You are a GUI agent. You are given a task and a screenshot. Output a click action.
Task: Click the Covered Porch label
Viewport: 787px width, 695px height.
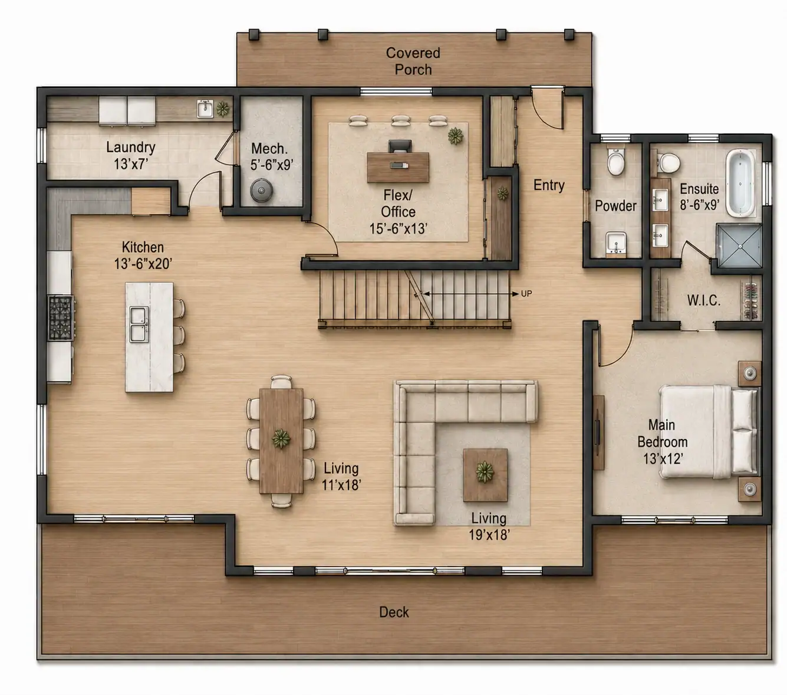pyautogui.click(x=413, y=61)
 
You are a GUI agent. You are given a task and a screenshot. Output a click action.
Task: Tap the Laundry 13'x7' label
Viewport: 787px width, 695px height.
pyautogui.click(x=131, y=156)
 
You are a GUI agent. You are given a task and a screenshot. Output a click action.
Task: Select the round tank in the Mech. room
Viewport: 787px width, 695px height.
pyautogui.click(x=261, y=191)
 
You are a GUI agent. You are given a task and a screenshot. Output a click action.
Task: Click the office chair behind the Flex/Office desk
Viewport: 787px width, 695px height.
pyautogui.click(x=400, y=146)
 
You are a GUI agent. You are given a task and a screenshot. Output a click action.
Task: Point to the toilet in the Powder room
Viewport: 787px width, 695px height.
pyautogui.click(x=615, y=161)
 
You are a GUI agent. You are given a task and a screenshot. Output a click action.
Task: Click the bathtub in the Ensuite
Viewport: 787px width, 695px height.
pyautogui.click(x=741, y=182)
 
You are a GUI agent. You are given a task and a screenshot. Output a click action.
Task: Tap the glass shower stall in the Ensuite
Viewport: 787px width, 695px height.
pyautogui.click(x=739, y=245)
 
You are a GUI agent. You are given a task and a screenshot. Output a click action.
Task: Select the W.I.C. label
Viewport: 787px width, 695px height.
pyautogui.click(x=703, y=300)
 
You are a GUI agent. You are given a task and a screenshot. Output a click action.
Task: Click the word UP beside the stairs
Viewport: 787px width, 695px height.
pyautogui.click(x=526, y=293)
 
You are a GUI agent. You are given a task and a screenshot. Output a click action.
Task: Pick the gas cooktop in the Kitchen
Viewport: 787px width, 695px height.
pyautogui.click(x=61, y=318)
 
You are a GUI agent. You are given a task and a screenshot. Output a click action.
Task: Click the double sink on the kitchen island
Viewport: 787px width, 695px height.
pyautogui.click(x=139, y=324)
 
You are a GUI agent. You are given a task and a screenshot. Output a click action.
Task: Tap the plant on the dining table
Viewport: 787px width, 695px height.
pyautogui.click(x=281, y=439)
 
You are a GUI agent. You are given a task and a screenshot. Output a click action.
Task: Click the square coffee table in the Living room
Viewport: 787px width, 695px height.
pyautogui.click(x=485, y=475)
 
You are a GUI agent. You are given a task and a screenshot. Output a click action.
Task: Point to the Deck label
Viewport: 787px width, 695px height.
pyautogui.click(x=394, y=612)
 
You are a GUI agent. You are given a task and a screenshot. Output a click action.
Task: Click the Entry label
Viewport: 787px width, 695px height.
pyautogui.click(x=549, y=185)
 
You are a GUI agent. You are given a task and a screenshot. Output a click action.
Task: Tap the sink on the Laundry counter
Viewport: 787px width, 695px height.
pyautogui.click(x=205, y=109)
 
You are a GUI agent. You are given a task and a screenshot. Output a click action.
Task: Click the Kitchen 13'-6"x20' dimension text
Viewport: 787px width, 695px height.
pyautogui.click(x=143, y=264)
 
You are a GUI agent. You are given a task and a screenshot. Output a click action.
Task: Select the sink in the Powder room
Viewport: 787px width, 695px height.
pyautogui.click(x=616, y=243)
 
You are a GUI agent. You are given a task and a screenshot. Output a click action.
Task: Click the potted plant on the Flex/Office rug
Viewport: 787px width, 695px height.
pyautogui.click(x=455, y=136)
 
